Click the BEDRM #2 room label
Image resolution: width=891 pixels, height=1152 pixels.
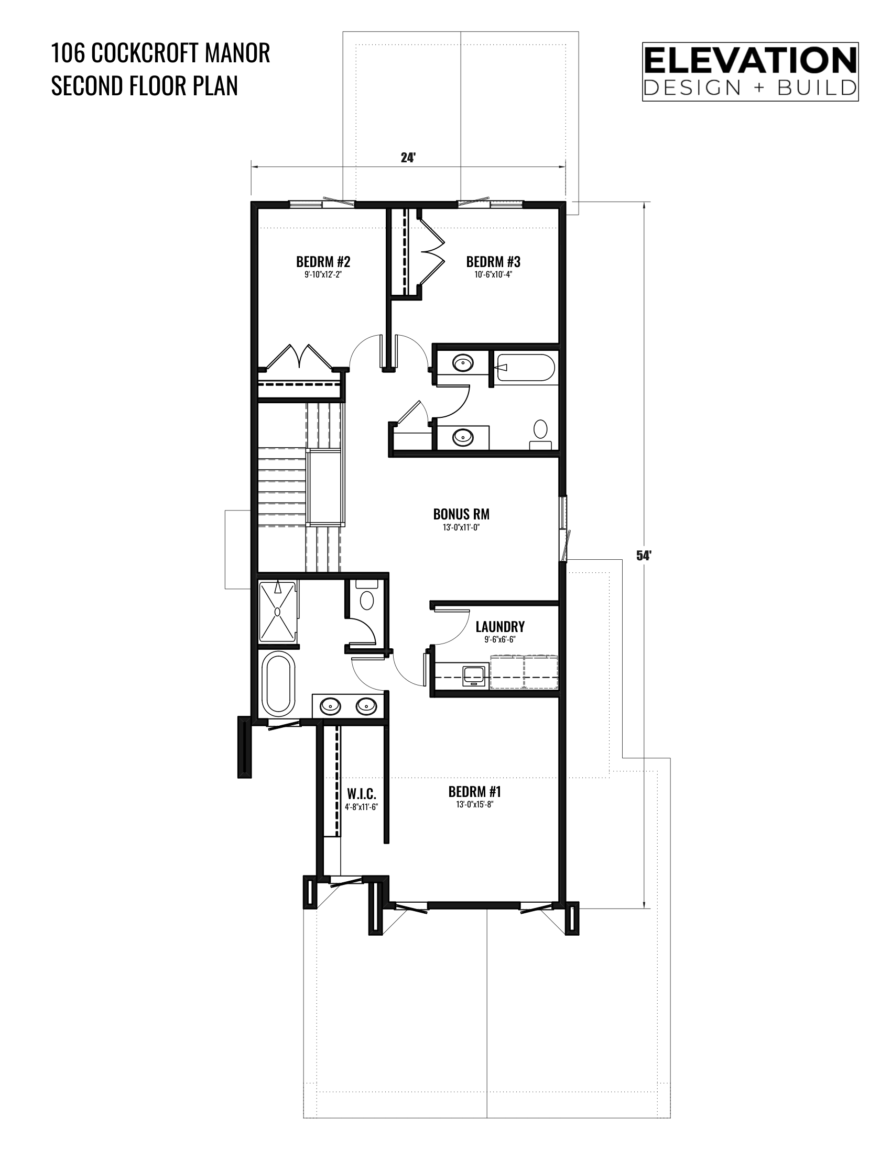coord(323,262)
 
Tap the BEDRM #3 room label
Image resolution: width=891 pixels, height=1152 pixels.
coord(493,262)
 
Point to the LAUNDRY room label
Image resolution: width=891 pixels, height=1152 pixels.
coord(500,627)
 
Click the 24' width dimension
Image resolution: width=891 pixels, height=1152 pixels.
coord(408,158)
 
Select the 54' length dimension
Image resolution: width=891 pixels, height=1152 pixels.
coord(642,556)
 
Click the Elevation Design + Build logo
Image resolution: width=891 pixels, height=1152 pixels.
coord(750,72)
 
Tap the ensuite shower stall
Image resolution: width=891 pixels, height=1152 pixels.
coord(278,612)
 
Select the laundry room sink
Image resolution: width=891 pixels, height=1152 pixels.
coord(474,675)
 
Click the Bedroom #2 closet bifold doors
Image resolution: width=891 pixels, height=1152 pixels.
coord(299,357)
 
